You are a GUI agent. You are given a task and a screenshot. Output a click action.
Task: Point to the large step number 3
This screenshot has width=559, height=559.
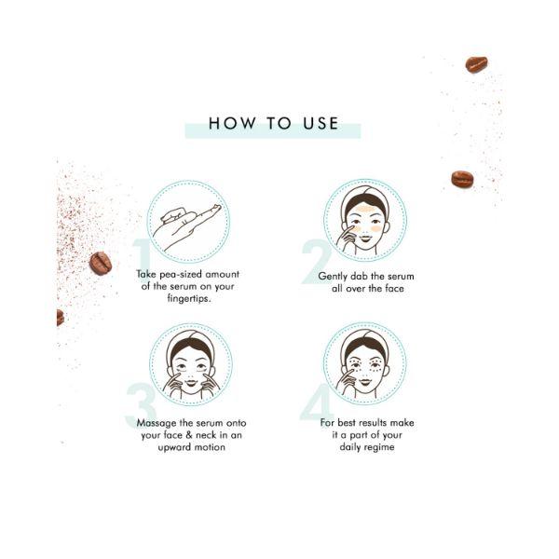point(141,411)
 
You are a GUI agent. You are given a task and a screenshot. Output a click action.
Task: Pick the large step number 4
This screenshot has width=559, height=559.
point(317,411)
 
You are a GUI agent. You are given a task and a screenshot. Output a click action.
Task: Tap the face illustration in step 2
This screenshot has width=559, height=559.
point(364,224)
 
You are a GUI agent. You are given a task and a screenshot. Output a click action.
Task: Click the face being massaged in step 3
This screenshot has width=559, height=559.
point(191,367)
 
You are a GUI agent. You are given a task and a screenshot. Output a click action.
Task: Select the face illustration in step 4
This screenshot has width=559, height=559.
point(364,367)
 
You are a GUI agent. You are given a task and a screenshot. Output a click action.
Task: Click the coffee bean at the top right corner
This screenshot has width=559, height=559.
point(476,64)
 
